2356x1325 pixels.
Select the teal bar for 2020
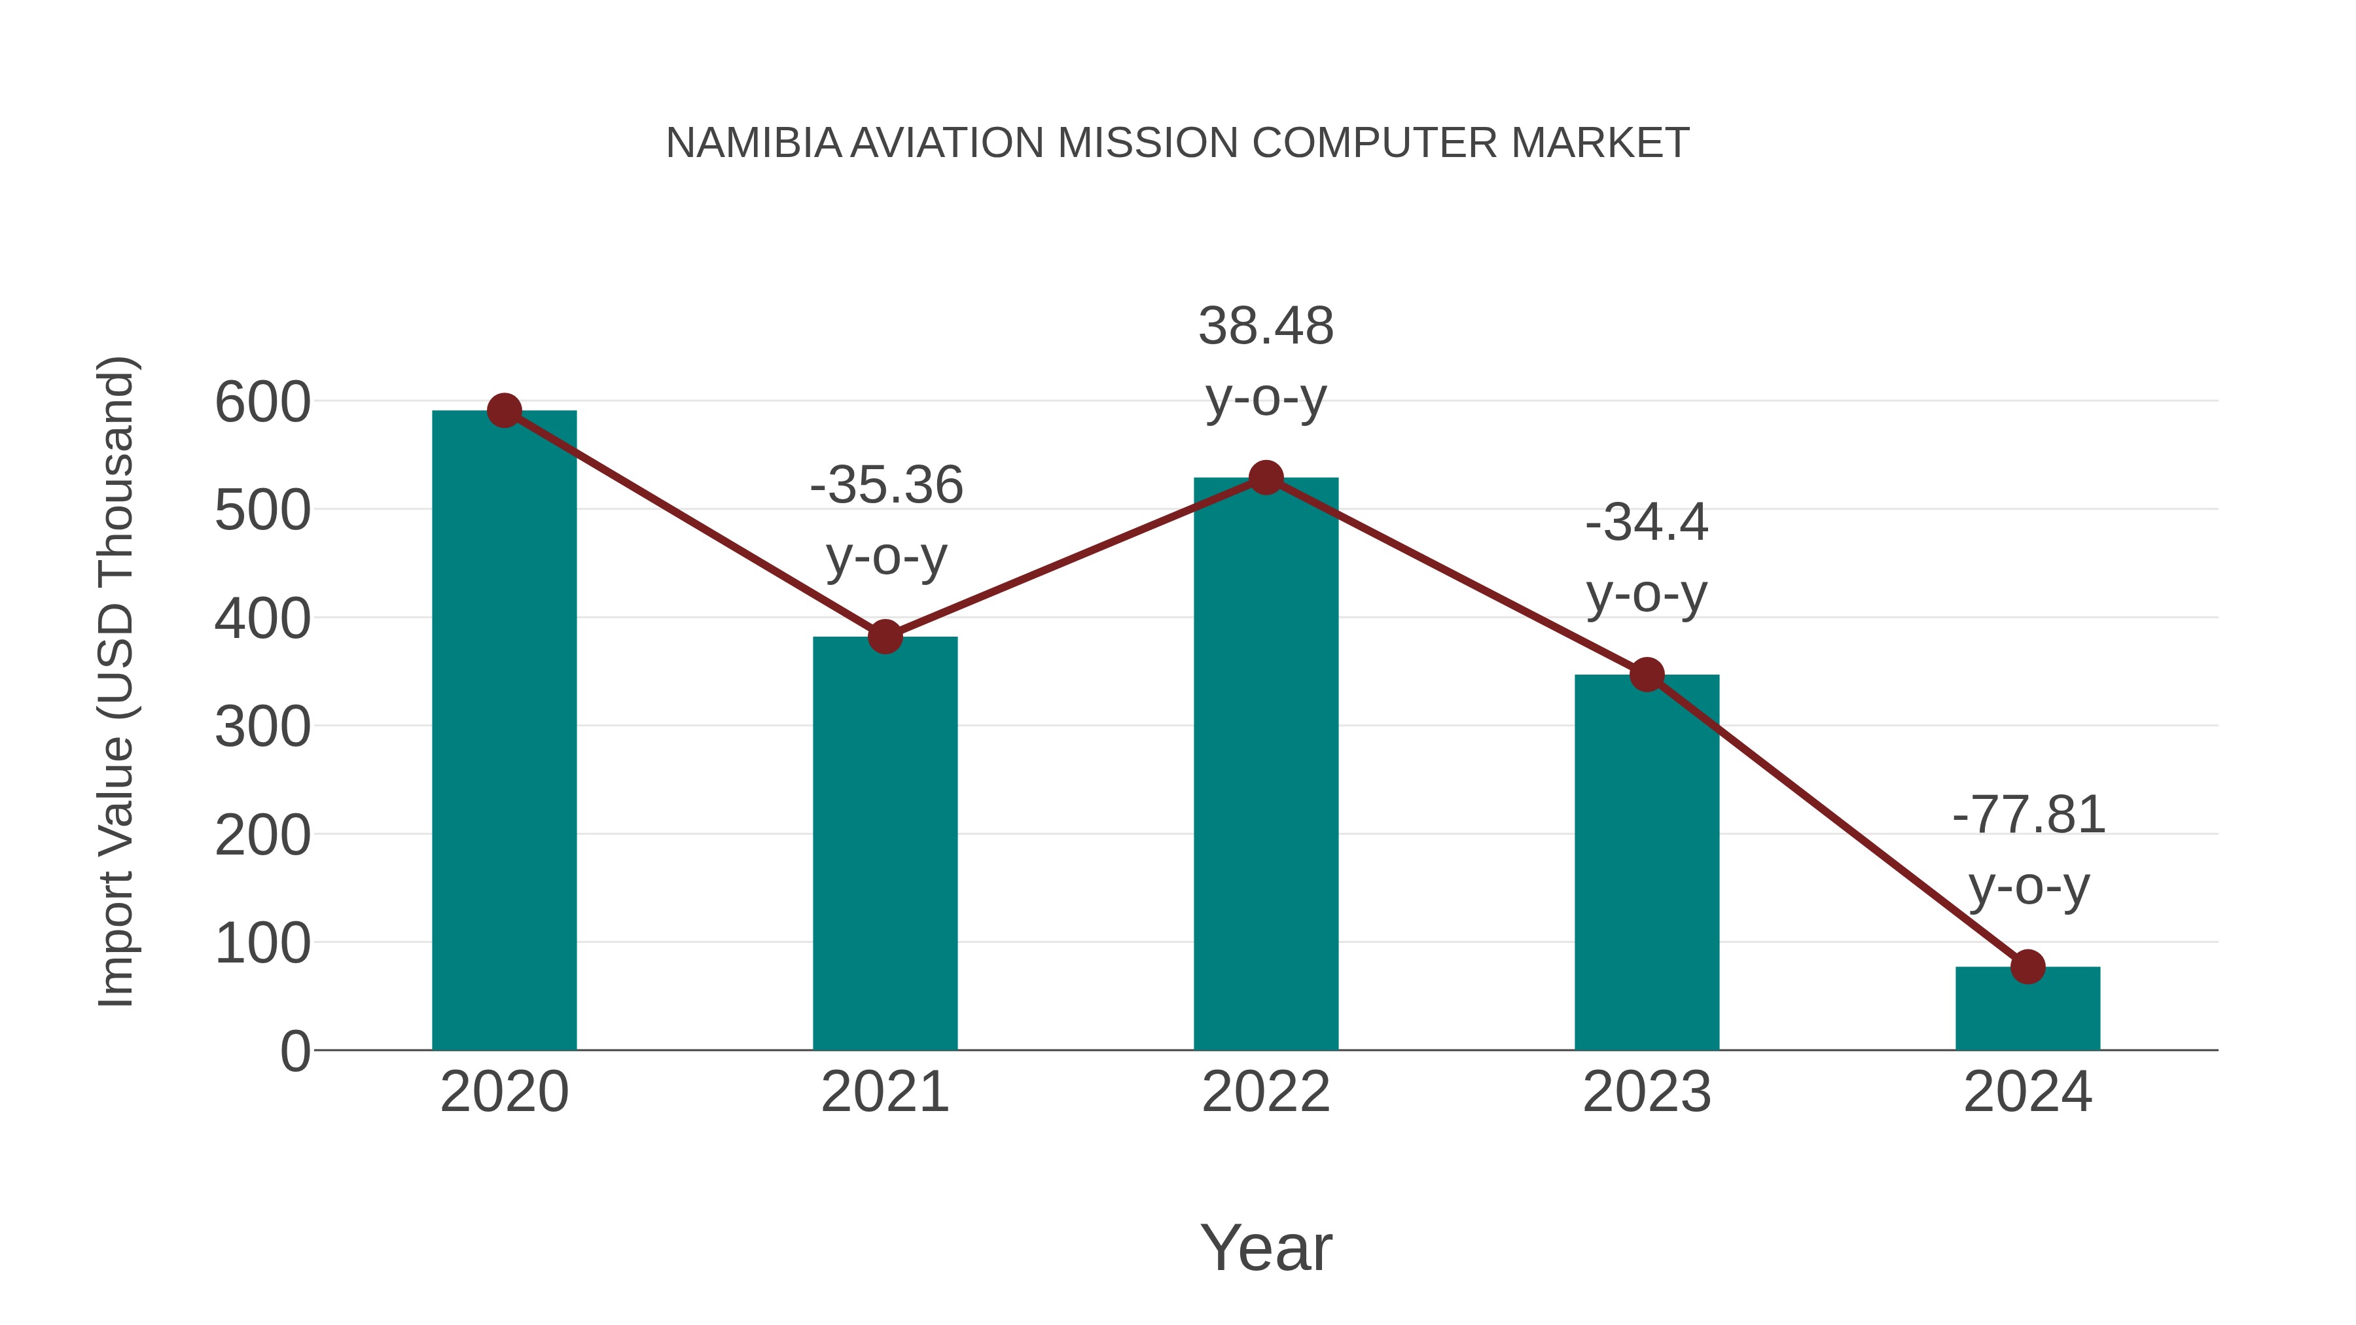504,732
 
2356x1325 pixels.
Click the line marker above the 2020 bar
504,410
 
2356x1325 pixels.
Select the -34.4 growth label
1647,523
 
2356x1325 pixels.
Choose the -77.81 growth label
2029,815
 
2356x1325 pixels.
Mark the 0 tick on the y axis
295,1051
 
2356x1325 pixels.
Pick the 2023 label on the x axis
1647,1092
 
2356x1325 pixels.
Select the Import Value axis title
117,681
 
